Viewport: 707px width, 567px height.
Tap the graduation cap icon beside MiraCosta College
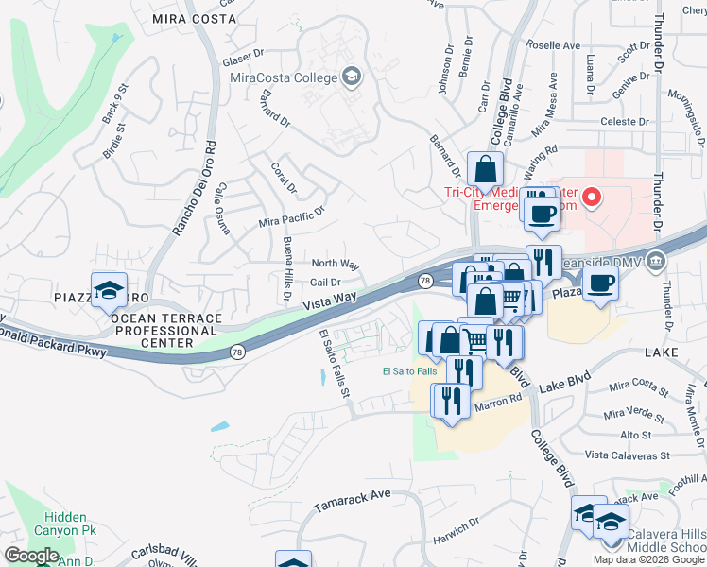click(x=352, y=76)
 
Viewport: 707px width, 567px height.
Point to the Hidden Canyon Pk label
click(x=66, y=525)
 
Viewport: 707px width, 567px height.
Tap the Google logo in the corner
click(x=31, y=556)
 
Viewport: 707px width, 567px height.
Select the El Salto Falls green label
click(x=409, y=370)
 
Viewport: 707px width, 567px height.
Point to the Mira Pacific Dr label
click(x=291, y=218)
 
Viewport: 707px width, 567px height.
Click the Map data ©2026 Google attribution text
click(x=648, y=559)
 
